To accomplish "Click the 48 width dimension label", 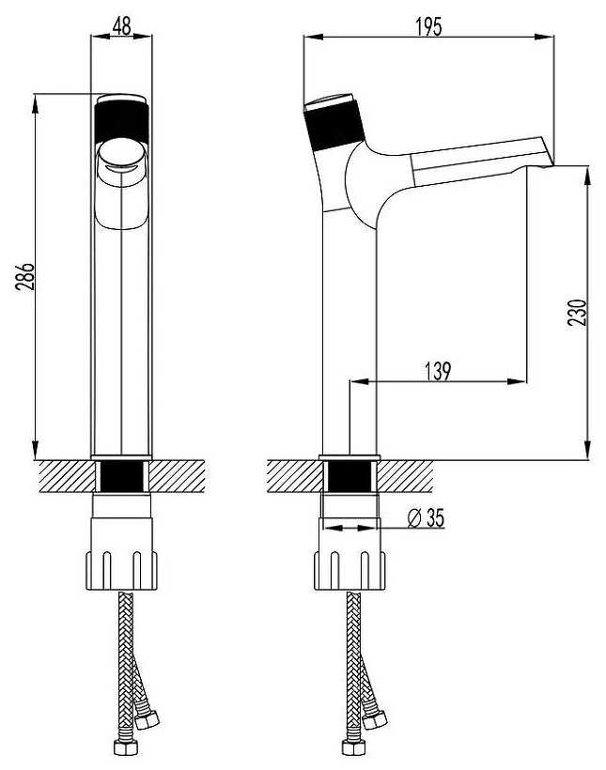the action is click(x=122, y=25).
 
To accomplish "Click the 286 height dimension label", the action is click(x=24, y=276).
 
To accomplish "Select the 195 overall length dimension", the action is click(x=429, y=26).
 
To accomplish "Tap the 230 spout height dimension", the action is click(x=578, y=312).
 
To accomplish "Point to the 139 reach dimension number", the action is click(x=437, y=371).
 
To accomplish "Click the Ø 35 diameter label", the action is click(x=426, y=517).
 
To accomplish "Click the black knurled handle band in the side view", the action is click(x=334, y=126).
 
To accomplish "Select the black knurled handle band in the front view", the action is click(x=121, y=122).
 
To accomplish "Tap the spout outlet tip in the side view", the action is click(x=548, y=162).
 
